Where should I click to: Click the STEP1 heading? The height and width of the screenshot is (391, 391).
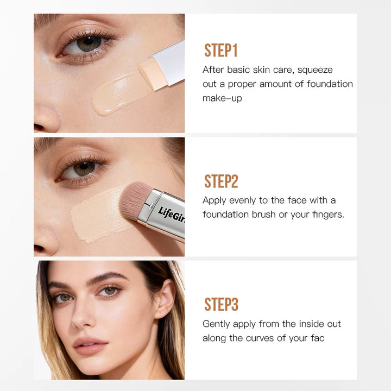click(x=220, y=51)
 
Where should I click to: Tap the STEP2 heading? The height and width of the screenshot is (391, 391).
click(x=221, y=181)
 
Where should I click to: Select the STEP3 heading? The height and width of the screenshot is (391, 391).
click(x=221, y=305)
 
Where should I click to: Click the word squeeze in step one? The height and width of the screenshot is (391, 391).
click(x=315, y=70)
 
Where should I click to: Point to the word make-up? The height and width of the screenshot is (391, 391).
click(x=222, y=98)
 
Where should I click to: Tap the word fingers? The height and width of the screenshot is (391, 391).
click(x=328, y=215)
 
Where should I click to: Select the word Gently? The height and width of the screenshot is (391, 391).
click(x=217, y=324)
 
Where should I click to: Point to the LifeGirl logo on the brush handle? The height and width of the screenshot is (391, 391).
click(x=172, y=215)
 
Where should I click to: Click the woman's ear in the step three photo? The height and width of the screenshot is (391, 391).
click(x=165, y=299)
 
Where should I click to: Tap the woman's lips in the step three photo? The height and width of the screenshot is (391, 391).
click(x=90, y=345)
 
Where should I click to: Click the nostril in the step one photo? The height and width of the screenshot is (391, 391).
click(x=39, y=127)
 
